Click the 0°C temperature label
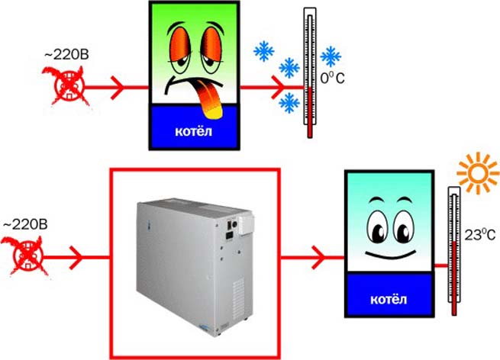point(332,78)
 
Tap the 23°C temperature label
point(479,235)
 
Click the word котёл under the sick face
point(194,131)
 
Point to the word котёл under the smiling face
point(389,299)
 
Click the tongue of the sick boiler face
point(208,99)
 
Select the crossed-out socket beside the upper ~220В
point(68,86)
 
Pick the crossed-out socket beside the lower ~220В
point(25,256)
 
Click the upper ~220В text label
point(66,55)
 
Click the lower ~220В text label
point(25,224)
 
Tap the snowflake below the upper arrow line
point(289,103)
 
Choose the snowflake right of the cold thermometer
point(331,56)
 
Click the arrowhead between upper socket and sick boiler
point(118,87)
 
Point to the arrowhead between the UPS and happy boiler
point(319,257)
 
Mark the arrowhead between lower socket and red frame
point(77,258)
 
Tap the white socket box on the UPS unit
point(247,224)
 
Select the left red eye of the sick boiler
point(179,43)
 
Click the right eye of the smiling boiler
point(403,228)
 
